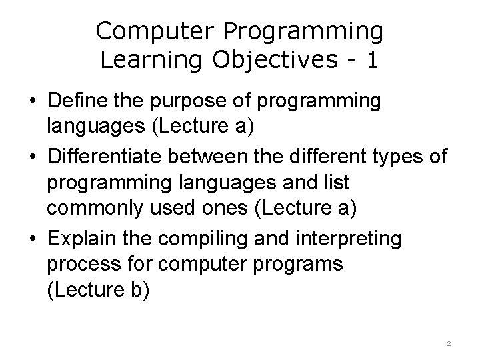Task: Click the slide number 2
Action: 449,343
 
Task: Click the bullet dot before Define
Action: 32,102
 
